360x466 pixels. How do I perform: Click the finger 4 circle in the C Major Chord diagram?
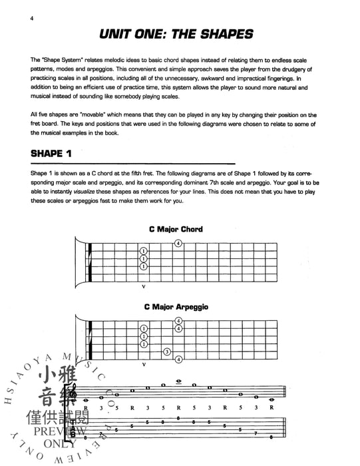(178, 243)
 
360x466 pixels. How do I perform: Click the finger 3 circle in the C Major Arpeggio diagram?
(167, 351)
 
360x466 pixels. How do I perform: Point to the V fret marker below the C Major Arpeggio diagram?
(144, 366)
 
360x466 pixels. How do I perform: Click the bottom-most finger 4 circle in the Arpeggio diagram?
(178, 360)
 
